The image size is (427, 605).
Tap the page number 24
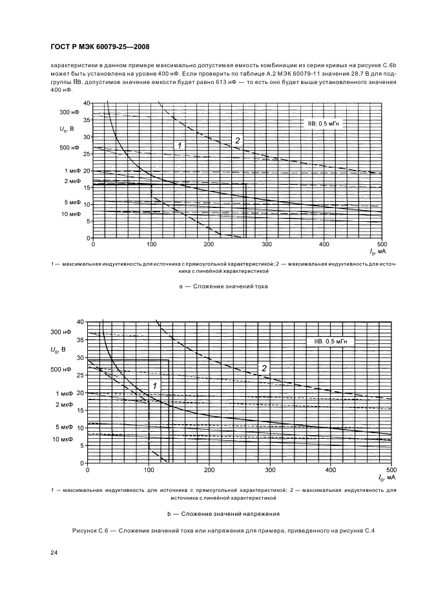coord(54,553)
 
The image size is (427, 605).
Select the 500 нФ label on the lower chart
coord(67,370)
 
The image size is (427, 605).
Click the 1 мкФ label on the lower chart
coord(68,393)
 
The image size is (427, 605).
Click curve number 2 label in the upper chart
coord(237,141)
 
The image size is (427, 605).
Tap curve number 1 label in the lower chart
coord(154,386)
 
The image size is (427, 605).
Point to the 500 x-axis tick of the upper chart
coord(381,244)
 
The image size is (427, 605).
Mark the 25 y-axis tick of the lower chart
coord(81,375)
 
